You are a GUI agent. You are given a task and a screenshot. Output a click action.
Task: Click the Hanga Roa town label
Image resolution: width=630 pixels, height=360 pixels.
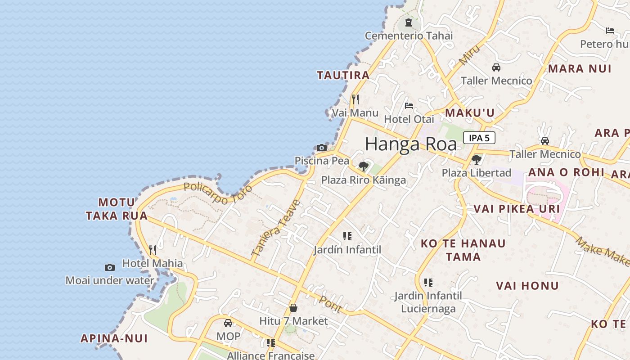(410, 144)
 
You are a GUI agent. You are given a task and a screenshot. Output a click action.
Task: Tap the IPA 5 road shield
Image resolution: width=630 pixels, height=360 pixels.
(479, 138)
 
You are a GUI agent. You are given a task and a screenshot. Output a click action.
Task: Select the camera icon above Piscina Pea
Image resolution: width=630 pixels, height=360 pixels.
(321, 148)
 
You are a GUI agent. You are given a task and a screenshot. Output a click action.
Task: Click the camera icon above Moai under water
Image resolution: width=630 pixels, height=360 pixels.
(109, 267)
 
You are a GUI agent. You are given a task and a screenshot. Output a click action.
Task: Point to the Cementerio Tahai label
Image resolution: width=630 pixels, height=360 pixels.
(409, 36)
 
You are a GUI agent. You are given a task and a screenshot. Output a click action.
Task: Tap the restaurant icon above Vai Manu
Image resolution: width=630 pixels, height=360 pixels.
(355, 99)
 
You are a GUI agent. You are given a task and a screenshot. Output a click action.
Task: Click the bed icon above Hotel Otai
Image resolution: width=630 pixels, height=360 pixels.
(409, 106)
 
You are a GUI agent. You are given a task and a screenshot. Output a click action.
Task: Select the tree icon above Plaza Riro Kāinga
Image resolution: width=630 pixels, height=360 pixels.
(364, 166)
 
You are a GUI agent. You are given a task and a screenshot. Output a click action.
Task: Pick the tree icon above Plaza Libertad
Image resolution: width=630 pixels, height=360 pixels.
(476, 159)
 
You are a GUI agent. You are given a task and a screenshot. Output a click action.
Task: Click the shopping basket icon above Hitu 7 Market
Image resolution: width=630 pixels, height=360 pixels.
(293, 308)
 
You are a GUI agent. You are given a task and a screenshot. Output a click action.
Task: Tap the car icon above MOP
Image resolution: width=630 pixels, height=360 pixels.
(228, 323)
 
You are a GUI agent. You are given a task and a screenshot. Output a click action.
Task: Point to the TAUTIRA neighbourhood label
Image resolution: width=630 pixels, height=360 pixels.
(343, 75)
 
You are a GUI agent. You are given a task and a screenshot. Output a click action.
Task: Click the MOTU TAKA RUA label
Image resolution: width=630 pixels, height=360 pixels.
(117, 209)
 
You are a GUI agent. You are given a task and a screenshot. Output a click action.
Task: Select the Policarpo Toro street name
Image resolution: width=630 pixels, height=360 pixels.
(218, 193)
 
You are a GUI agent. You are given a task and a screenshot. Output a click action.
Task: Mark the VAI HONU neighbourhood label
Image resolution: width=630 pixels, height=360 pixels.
(527, 286)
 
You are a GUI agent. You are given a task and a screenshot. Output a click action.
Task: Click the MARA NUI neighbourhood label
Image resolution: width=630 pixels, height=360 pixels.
(580, 69)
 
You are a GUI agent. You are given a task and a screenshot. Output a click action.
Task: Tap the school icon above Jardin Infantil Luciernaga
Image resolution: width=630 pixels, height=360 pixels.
(428, 283)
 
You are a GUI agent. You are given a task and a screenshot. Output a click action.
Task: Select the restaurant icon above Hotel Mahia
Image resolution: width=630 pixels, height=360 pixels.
(153, 250)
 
